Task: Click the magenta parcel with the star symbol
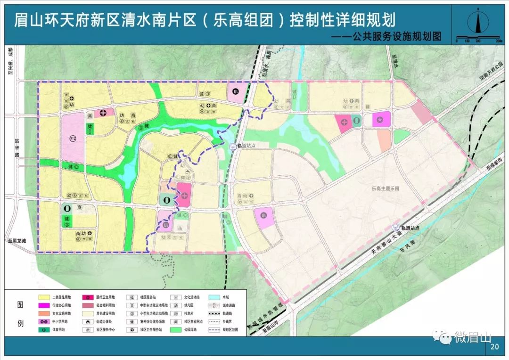(x=381, y=120)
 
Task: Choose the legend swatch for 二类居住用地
(x=45, y=297)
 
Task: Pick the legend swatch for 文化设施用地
(x=45, y=313)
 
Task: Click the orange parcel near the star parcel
(x=385, y=140)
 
